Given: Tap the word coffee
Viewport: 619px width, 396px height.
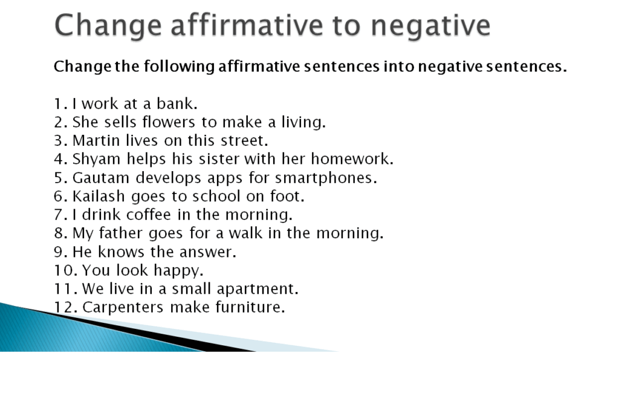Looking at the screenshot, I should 147,215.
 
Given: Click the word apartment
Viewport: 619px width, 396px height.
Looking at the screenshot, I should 265,289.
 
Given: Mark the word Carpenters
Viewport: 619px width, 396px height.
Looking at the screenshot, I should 123,308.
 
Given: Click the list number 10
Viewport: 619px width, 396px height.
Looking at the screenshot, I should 63,270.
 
